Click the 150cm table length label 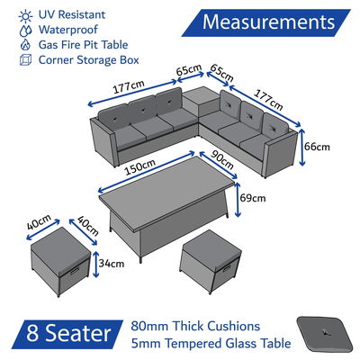(x=140, y=167)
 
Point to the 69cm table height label (x=253, y=198)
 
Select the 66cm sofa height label (x=317, y=147)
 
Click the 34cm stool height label (x=112, y=264)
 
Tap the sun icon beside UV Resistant (x=25, y=16)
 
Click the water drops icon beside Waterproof (x=25, y=31)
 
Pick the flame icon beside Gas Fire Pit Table (x=25, y=45)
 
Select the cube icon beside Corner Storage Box (x=25, y=59)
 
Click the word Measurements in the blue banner (x=268, y=22)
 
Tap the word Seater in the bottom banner (x=78, y=333)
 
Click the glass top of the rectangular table (x=166, y=186)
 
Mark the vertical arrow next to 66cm (x=301, y=147)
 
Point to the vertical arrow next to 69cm (x=238, y=200)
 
